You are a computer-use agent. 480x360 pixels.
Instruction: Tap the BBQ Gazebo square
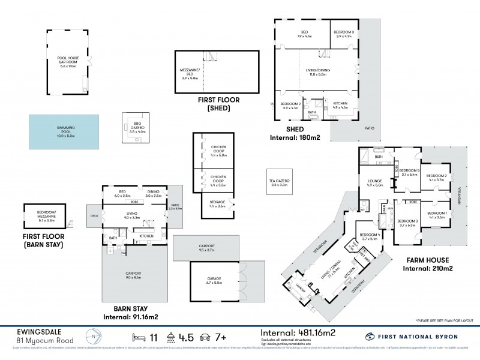click(x=130, y=127)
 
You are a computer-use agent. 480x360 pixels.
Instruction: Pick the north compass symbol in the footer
click(x=89, y=335)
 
